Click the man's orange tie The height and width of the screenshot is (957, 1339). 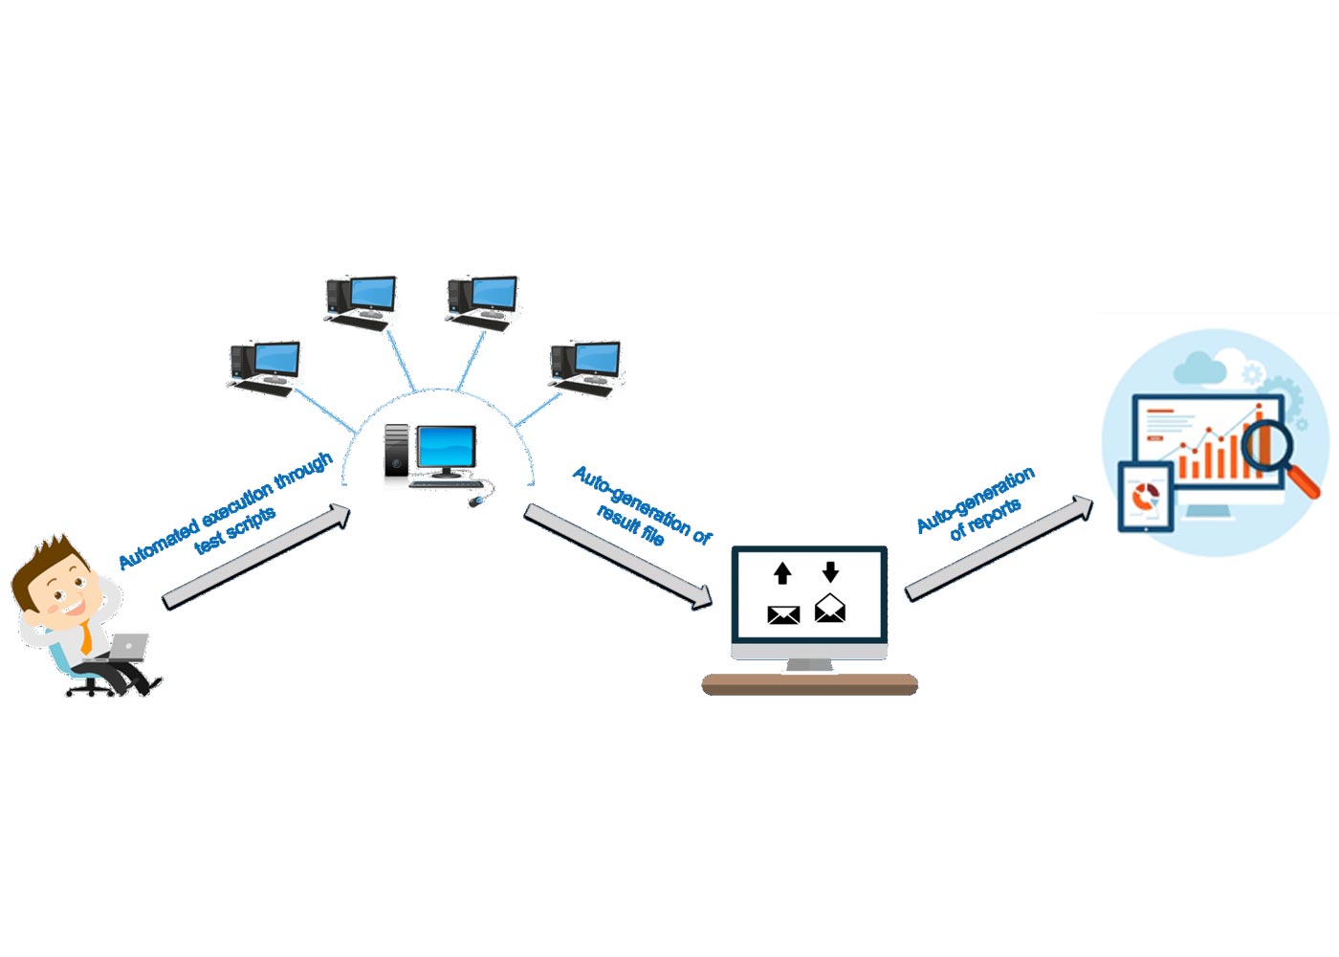[x=87, y=635]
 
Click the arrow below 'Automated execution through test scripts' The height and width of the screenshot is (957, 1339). [x=255, y=557]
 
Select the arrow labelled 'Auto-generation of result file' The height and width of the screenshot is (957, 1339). [x=618, y=556]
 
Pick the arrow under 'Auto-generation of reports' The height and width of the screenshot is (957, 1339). [x=999, y=548]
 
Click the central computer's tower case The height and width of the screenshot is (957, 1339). [x=397, y=451]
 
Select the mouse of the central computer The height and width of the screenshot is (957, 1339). [x=475, y=501]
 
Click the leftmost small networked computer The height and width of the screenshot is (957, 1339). [x=265, y=367]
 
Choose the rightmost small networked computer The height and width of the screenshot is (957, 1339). [x=586, y=367]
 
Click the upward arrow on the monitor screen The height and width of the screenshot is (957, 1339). [x=782, y=573]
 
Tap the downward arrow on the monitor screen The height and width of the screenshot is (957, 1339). [x=830, y=572]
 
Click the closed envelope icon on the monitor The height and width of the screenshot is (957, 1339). [x=783, y=614]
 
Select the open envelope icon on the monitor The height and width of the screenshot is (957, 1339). [x=830, y=609]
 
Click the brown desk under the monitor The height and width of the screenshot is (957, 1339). [x=809, y=684]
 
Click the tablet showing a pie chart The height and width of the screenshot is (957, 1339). [x=1145, y=497]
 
